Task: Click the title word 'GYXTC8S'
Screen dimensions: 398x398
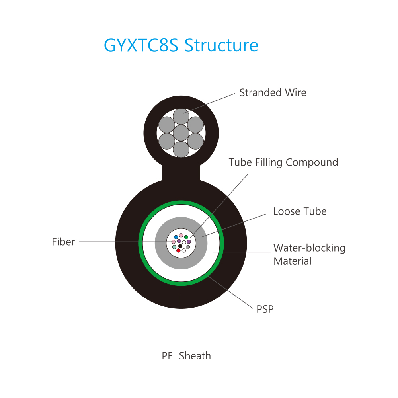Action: tap(141, 45)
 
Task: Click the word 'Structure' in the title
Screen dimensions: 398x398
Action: tap(221, 45)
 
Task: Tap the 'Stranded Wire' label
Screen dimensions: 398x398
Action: tap(273, 92)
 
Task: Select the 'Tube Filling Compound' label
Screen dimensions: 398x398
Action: tap(283, 162)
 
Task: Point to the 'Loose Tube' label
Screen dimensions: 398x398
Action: tap(300, 211)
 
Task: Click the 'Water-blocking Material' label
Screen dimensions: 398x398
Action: tap(309, 254)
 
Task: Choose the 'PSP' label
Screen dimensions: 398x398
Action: tap(265, 309)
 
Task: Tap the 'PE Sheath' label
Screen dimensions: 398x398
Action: tap(186, 356)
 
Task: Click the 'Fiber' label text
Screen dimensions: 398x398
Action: tap(63, 242)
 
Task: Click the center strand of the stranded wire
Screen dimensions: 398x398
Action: tap(181, 133)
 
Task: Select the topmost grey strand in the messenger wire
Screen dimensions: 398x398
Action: tap(181, 117)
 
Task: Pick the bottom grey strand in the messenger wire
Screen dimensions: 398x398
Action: tap(181, 149)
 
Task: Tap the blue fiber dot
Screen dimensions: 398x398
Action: tap(176, 237)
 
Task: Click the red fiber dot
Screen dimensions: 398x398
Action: tap(178, 250)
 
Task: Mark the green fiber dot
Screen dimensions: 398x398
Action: tap(186, 237)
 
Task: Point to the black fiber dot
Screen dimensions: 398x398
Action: tap(180, 246)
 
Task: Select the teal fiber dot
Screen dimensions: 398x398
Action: tap(174, 247)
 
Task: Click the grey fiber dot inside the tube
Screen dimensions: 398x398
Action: tap(188, 247)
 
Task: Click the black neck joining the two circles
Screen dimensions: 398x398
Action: tap(181, 173)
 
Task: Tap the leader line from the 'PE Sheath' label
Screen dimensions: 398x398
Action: tap(181, 318)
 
